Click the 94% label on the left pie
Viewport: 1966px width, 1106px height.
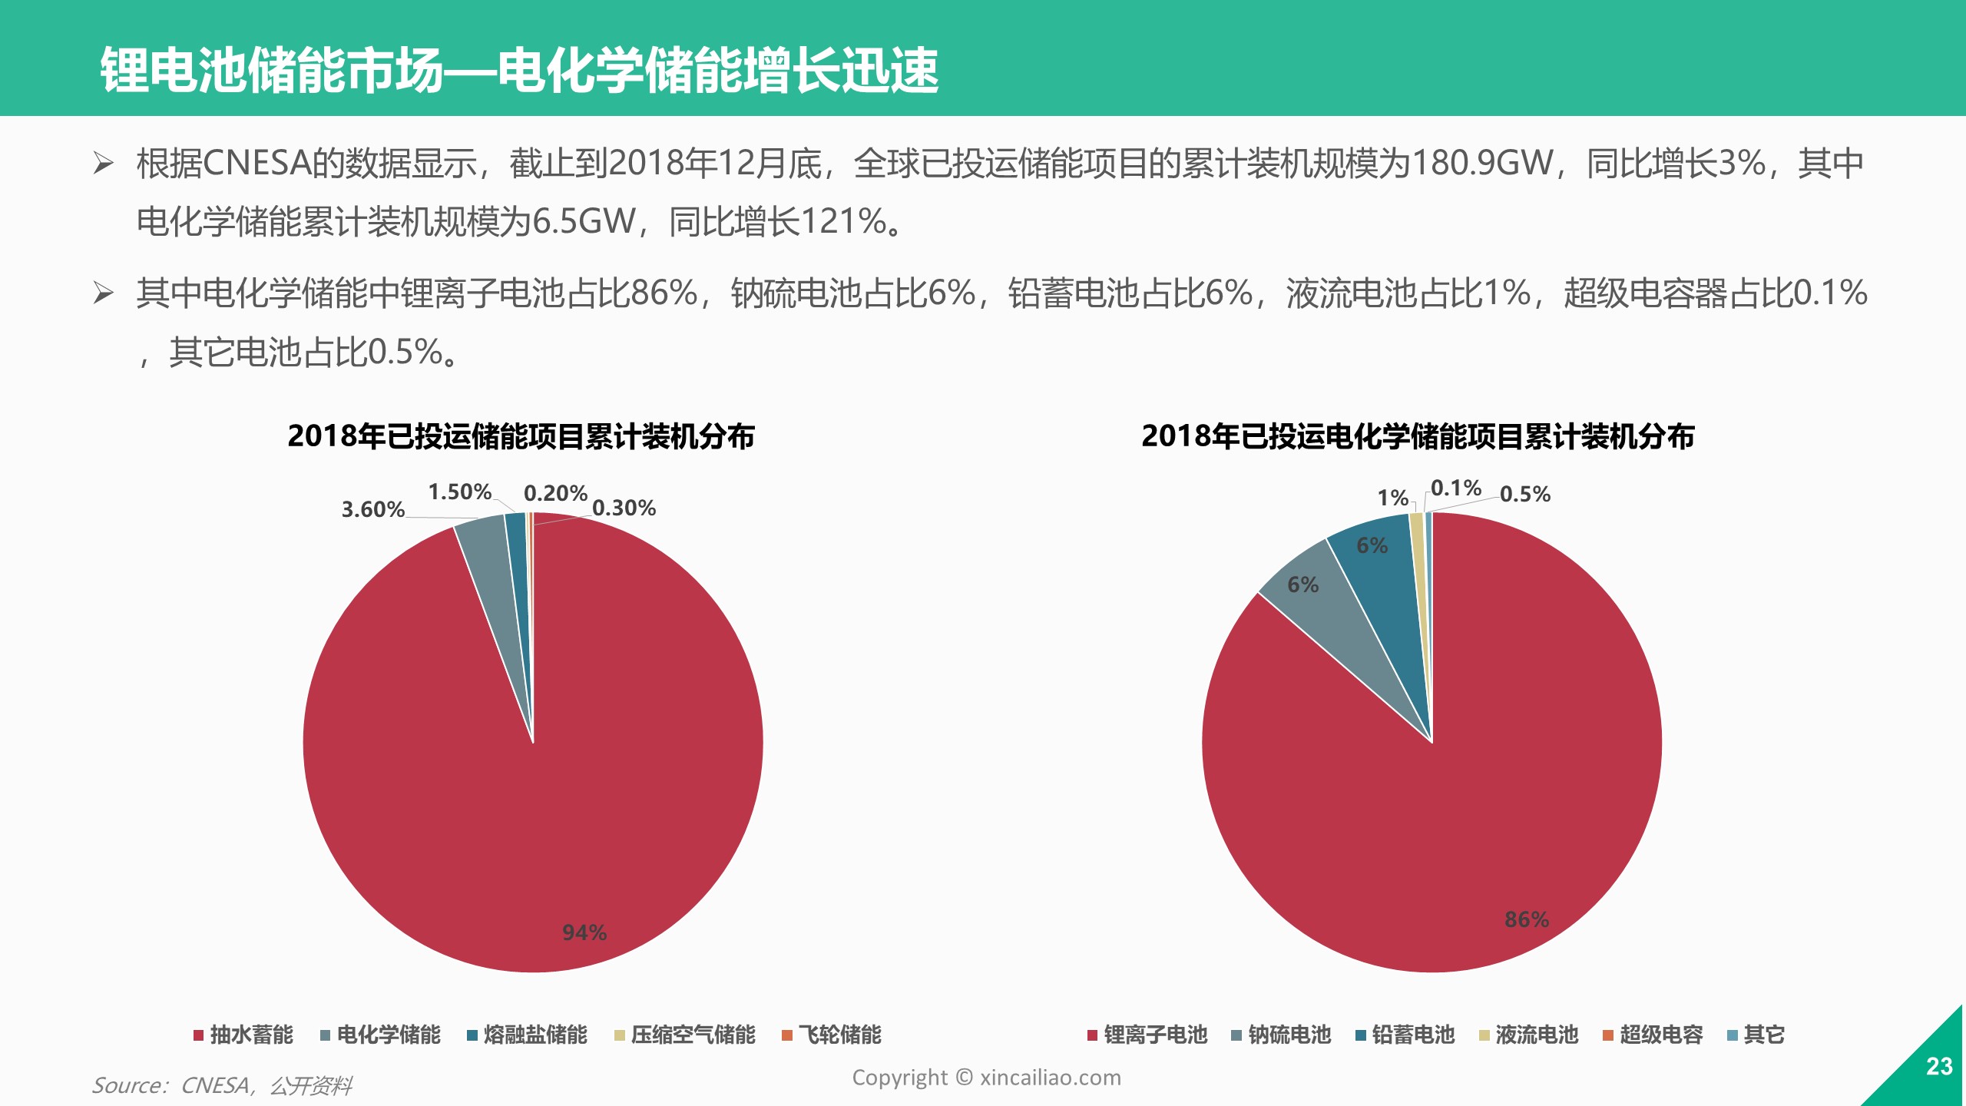584,932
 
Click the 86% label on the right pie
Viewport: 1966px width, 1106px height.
1526,919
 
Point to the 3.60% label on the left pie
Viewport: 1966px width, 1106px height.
372,509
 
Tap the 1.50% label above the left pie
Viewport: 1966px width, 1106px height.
459,492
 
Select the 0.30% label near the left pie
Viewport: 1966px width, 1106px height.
624,508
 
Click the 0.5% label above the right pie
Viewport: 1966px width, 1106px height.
1524,494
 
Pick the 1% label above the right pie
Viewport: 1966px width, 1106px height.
1392,498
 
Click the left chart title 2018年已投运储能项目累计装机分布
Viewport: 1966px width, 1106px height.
521,436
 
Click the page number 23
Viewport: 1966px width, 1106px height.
1938,1066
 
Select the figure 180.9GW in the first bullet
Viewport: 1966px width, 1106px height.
1482,163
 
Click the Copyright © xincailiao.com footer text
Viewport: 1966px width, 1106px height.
986,1078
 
